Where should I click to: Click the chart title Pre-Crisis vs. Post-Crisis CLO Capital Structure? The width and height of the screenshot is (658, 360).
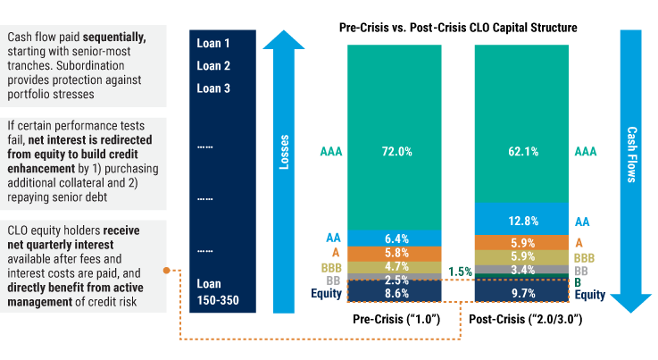[x=458, y=28]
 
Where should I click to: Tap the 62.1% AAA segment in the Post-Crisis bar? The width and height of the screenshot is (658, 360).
[x=522, y=152]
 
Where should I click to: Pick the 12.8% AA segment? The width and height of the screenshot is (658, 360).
[x=522, y=220]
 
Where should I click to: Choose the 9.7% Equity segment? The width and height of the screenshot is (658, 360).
[x=522, y=292]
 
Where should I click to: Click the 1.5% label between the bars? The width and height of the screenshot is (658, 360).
[x=460, y=272]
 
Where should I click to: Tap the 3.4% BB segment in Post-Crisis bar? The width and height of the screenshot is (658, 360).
[x=522, y=269]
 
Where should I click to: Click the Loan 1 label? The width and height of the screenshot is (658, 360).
[x=213, y=43]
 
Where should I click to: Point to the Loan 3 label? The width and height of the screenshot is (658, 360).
[x=213, y=88]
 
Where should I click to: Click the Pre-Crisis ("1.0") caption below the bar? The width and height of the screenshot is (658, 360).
[x=396, y=319]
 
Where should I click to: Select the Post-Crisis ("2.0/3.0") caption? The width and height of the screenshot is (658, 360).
[x=522, y=319]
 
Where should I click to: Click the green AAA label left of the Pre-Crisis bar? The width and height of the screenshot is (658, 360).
[x=331, y=152]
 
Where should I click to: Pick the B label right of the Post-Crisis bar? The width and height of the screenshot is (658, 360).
[x=579, y=281]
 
